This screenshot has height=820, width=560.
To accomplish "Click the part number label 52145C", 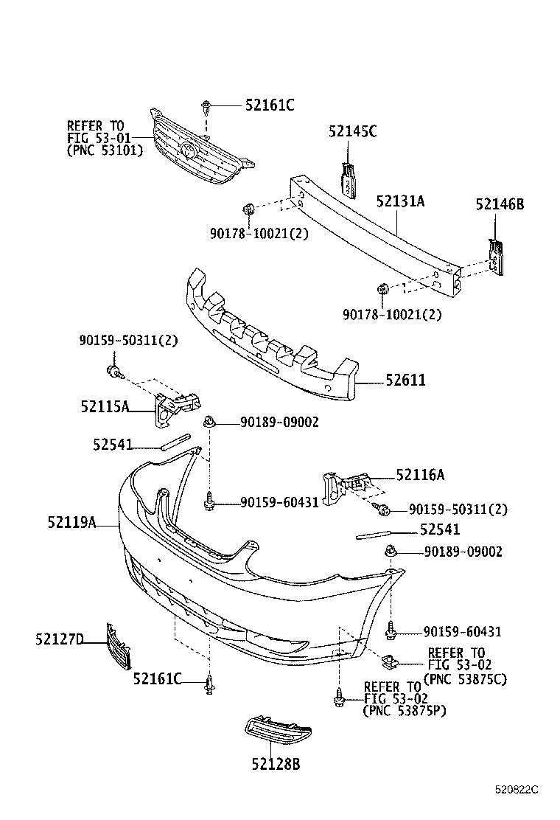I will coord(352,131).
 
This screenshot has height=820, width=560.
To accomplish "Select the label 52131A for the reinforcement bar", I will coord(400,201).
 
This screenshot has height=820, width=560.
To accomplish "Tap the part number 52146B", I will coord(499,204).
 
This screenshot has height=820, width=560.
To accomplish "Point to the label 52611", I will coord(405,381).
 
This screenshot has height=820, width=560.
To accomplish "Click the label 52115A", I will coord(105,406).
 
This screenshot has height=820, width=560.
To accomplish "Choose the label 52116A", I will coord(420,476).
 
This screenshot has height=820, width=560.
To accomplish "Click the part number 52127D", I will coord(59,639).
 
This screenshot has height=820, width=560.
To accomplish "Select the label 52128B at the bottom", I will coord(274,764).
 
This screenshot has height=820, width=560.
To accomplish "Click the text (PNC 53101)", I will coord(105,150).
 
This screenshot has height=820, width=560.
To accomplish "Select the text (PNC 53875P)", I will coord(404,711).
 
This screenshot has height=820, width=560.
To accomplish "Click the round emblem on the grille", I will coord(189,152).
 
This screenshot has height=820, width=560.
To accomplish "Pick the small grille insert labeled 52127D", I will coord(117,646).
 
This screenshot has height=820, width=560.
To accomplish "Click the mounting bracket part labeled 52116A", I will coord(344,484).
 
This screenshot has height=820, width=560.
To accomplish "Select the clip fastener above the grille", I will coord(206,108).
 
